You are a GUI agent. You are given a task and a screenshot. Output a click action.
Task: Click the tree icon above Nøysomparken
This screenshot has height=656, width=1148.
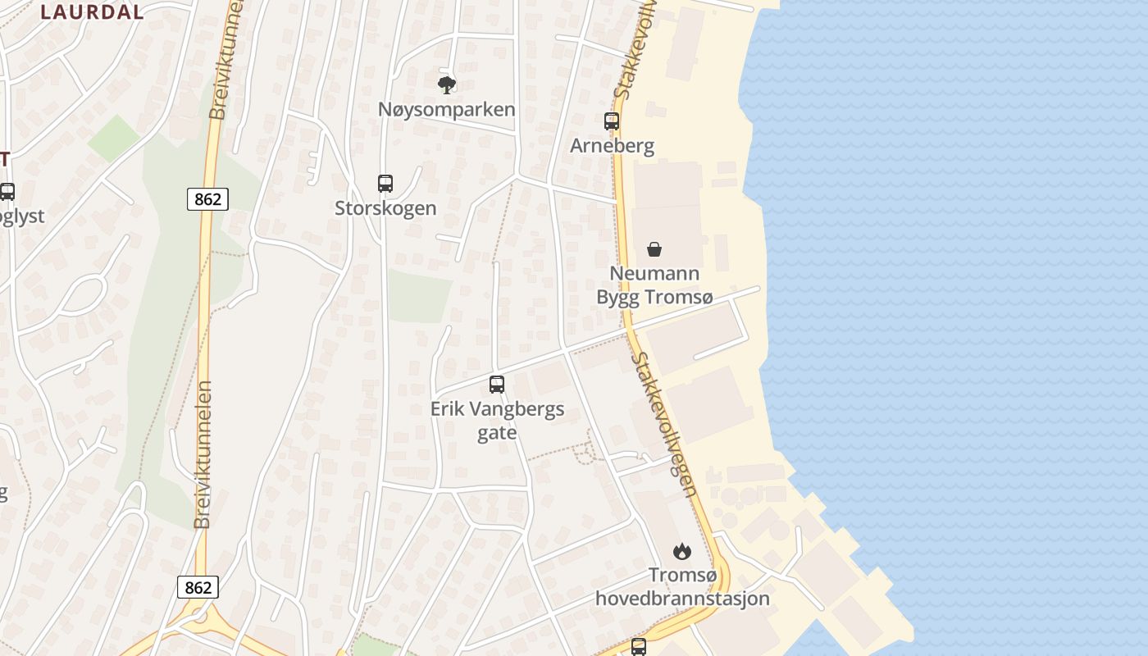447,84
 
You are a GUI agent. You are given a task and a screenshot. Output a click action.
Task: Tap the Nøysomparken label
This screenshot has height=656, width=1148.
447,109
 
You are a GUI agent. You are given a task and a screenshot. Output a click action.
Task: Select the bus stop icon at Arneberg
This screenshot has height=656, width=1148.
612,121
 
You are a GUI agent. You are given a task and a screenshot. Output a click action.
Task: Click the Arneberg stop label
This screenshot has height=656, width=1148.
613,146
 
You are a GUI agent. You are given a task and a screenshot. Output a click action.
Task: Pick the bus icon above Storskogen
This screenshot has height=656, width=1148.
385,184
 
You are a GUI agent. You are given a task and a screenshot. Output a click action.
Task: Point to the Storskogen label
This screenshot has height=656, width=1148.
385,208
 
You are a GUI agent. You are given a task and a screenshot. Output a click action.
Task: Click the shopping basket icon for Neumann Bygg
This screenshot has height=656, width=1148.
654,249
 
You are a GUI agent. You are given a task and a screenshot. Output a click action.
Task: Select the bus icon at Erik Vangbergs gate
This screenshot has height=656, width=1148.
497,384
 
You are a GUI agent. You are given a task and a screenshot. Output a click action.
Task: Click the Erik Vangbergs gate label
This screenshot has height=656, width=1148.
498,420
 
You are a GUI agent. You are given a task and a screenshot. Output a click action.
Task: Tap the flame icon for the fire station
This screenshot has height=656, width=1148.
682,551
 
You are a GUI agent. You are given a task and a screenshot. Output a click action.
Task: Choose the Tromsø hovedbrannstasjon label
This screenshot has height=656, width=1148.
682,586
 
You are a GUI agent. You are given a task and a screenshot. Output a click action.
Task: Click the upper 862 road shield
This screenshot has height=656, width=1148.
207,198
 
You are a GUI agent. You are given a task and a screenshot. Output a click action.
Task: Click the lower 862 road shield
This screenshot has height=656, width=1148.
198,587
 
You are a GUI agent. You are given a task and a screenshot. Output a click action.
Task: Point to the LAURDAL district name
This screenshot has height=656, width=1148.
92,12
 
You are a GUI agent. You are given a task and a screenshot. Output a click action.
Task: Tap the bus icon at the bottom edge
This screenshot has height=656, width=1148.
639,646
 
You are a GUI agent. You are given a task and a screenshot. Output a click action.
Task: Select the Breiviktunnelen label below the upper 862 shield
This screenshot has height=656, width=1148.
203,454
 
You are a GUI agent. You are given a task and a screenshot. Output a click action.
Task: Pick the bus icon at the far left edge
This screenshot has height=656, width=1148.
7,192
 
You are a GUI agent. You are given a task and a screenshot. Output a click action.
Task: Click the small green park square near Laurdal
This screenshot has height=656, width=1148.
114,138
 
